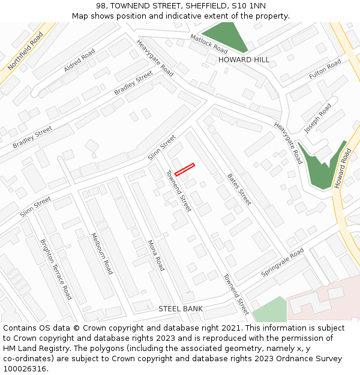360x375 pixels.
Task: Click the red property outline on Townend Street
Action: (x=185, y=169)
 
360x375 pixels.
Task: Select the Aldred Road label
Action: (x=79, y=61)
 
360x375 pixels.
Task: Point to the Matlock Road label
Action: (x=209, y=43)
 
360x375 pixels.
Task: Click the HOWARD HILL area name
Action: (x=244, y=60)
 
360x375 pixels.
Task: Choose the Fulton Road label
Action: (x=325, y=70)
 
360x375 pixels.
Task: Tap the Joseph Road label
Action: (x=317, y=118)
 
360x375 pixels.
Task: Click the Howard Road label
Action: (x=343, y=169)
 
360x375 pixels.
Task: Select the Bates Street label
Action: (x=239, y=189)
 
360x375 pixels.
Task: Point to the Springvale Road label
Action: (x=283, y=263)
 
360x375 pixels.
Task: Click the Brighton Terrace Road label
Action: (x=56, y=269)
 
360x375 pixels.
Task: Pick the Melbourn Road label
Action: (x=101, y=253)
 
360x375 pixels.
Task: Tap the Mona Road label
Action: (x=156, y=256)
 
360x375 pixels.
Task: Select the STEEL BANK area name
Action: (x=181, y=308)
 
